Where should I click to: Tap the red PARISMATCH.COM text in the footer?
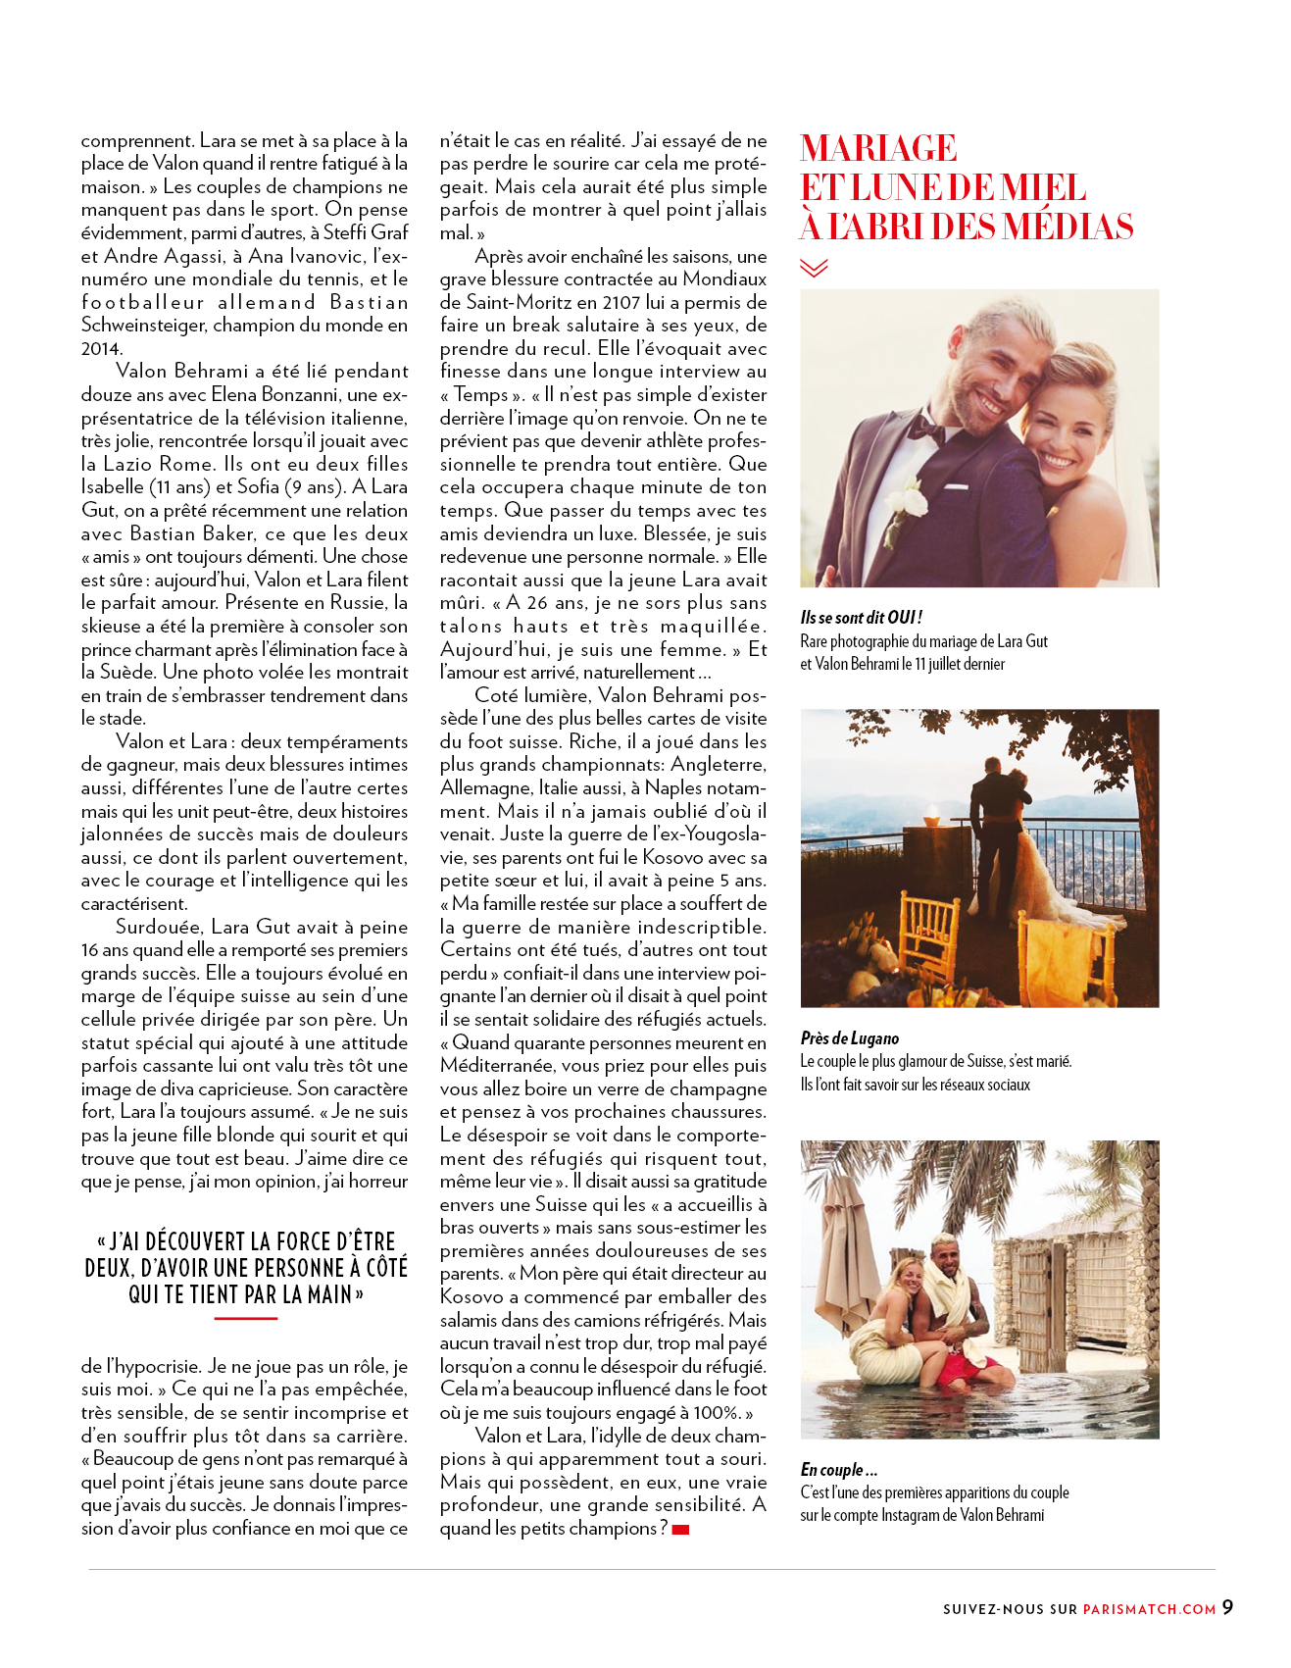1149,1609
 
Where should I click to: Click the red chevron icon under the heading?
814,268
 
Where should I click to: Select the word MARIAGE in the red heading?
878,148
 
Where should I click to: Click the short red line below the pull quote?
245,1319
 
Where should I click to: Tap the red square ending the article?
680,1530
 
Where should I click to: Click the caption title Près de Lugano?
849,1038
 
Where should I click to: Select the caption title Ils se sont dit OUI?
861,618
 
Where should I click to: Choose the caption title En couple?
838,1470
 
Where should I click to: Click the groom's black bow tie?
925,429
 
